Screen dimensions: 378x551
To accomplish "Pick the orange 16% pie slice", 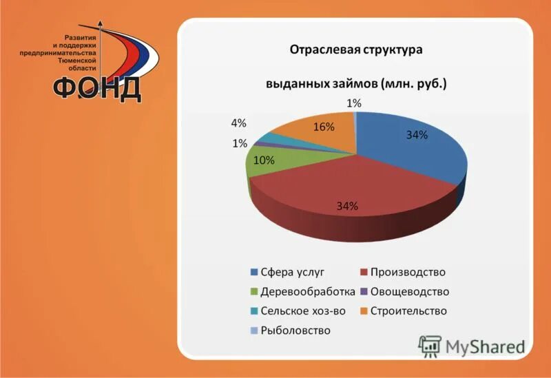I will coord(317,134).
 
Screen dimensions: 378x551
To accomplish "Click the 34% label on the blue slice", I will coord(417,136).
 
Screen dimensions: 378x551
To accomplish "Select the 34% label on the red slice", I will coord(346,205).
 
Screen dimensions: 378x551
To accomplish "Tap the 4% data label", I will coord(238,123).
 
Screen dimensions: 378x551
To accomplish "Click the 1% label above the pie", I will coord(354,103).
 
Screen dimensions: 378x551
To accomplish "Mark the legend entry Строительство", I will coord(408,311).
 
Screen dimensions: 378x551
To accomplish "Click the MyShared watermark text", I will coord(484,346).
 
